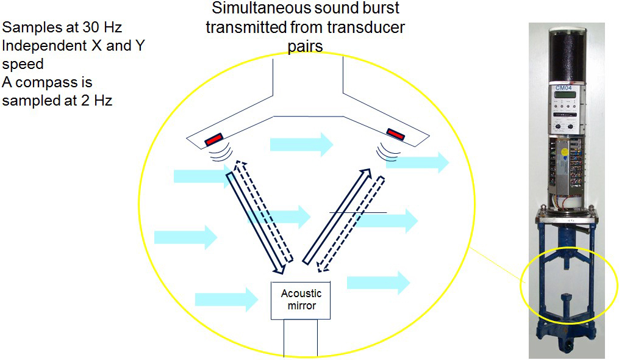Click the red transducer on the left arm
(213, 139)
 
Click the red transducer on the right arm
(395, 132)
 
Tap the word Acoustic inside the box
(301, 293)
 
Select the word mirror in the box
(301, 305)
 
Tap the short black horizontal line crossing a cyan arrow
(358, 212)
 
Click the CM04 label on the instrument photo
(563, 88)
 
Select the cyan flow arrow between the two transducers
(301, 145)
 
